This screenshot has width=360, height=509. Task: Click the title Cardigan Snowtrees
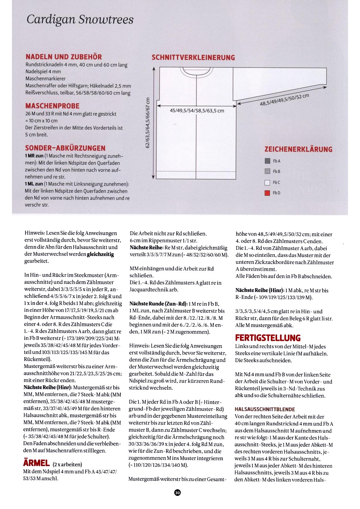[x=80, y=20]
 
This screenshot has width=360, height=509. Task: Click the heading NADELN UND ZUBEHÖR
[x=64, y=57]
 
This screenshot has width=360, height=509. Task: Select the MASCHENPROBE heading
[x=52, y=106]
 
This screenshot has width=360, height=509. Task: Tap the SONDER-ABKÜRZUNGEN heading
[x=65, y=148]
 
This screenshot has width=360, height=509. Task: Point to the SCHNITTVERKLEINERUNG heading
[x=193, y=58]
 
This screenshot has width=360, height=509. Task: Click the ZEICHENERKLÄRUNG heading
[x=298, y=149]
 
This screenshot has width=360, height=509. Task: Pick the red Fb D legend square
[x=267, y=193]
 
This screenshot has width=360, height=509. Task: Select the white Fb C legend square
[x=267, y=183]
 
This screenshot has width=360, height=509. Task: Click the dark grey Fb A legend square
[x=267, y=161]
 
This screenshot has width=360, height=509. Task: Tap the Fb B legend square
[x=267, y=171]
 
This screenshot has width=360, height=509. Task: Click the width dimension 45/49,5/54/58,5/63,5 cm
[x=197, y=111]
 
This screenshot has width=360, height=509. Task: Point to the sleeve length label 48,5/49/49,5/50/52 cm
[x=285, y=100]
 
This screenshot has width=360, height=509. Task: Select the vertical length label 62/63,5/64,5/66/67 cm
[x=147, y=123]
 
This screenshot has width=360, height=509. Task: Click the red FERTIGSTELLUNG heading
[x=268, y=338]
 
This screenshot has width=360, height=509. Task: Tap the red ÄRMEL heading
[x=36, y=463]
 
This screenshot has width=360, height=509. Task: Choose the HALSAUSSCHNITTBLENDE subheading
[x=265, y=409]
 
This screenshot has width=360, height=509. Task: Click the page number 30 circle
[x=177, y=492]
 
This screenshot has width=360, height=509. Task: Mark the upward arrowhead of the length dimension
[x=153, y=69]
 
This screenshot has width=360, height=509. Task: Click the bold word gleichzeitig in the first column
[x=100, y=254]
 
